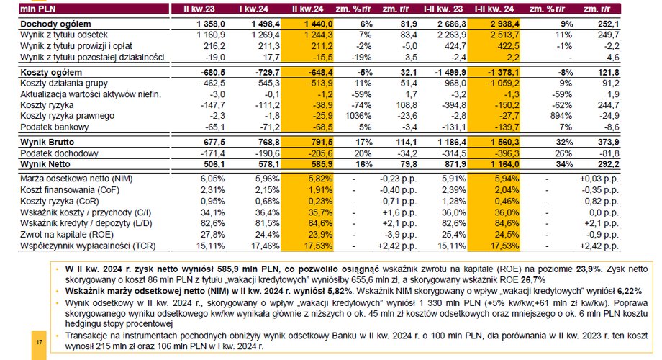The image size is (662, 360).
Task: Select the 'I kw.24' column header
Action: (254, 9)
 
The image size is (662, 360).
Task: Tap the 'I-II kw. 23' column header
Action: (443, 9)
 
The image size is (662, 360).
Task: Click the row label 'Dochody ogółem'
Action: (55, 24)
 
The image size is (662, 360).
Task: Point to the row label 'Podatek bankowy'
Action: (55, 127)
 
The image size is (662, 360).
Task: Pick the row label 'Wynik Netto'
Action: (45, 164)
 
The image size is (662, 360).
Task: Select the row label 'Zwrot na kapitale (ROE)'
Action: (67, 235)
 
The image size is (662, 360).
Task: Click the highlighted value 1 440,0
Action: (318, 24)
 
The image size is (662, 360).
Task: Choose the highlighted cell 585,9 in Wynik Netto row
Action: (322, 164)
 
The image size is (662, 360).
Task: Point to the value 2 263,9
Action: (452, 35)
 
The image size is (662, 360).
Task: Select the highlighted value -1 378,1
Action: (502, 72)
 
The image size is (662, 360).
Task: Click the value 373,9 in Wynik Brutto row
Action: (608, 142)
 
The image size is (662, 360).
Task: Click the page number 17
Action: (40, 342)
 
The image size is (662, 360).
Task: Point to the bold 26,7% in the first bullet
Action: (533, 279)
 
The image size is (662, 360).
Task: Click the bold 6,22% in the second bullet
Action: (630, 291)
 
